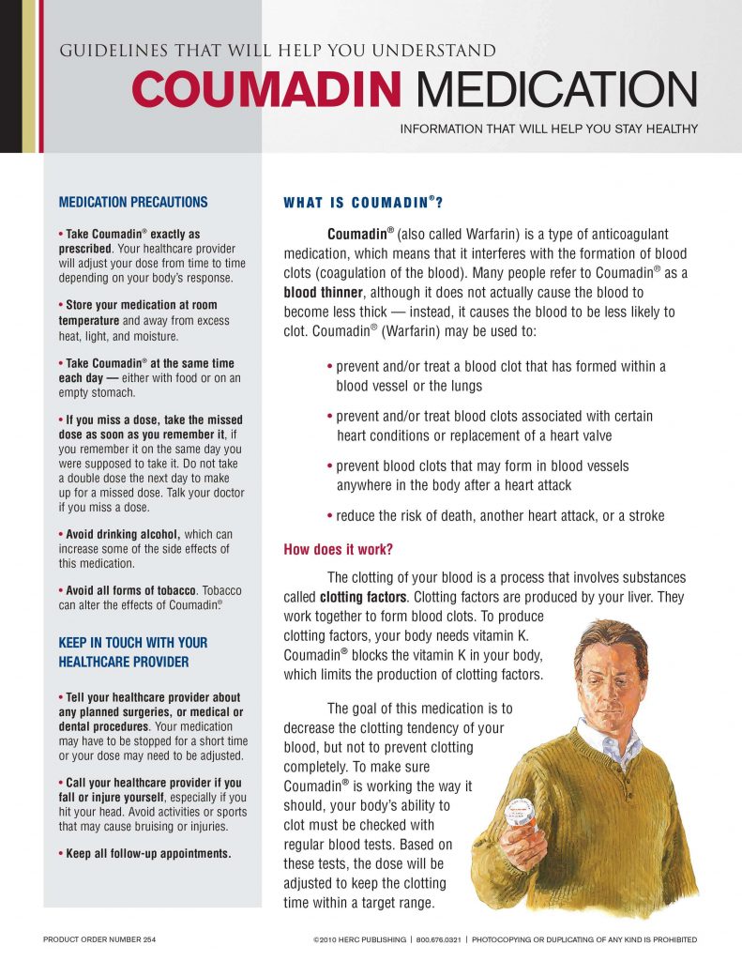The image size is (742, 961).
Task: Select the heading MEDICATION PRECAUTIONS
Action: click(x=133, y=202)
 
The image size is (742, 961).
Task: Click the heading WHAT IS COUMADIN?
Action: click(x=363, y=202)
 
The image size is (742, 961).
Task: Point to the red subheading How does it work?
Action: click(x=339, y=550)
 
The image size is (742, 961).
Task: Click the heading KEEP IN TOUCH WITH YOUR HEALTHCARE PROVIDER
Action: click(x=133, y=652)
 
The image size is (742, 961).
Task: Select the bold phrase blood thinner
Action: click(x=321, y=292)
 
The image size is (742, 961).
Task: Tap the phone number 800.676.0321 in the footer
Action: click(x=437, y=939)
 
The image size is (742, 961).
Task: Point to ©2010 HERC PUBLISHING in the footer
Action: click(x=359, y=939)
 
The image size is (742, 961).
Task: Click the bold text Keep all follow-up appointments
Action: click(x=145, y=853)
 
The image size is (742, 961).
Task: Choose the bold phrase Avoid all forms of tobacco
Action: click(x=130, y=590)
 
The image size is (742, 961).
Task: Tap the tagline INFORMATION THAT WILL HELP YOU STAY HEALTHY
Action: click(x=549, y=129)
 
